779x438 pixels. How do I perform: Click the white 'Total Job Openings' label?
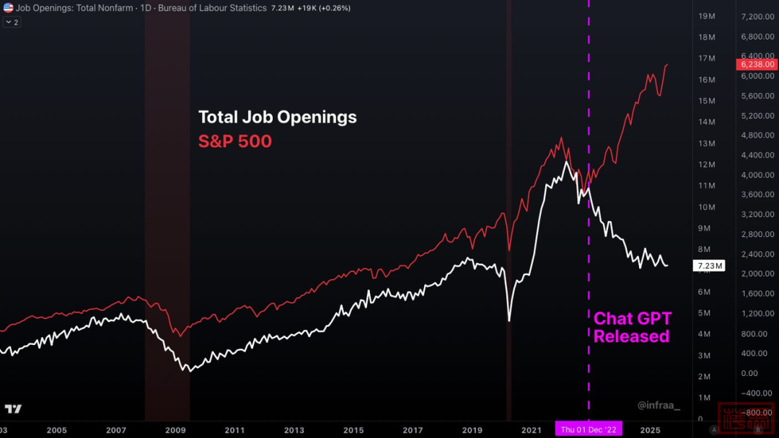coord(277,117)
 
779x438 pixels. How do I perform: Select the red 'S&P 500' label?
coord(235,141)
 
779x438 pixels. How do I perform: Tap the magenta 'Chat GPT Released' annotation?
coord(631,328)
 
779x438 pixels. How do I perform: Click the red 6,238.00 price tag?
coord(757,64)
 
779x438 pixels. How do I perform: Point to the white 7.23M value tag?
coord(709,266)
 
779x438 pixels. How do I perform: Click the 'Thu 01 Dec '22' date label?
coord(589,430)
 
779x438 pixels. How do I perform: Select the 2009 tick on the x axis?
coord(176,430)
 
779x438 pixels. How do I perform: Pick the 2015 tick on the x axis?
coord(353,430)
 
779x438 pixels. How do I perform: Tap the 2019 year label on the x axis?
coord(472,430)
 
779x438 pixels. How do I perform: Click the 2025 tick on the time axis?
coord(650,430)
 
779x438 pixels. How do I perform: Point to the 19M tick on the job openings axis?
coord(706,16)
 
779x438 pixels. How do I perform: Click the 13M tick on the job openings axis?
coord(706,143)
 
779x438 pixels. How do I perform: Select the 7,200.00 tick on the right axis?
coord(757,16)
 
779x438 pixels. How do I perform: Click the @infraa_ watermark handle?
coord(659,406)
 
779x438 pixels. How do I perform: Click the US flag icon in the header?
coord(8,8)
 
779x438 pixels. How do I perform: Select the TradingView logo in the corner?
coord(13,409)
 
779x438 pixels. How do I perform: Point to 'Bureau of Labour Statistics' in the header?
coord(211,8)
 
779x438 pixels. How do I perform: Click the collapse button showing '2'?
coord(12,22)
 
